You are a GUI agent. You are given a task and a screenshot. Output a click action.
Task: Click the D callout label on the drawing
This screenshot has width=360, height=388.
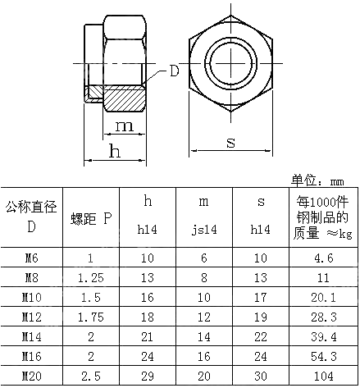point(175,71)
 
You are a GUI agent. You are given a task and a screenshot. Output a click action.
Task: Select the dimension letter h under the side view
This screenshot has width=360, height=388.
point(115,152)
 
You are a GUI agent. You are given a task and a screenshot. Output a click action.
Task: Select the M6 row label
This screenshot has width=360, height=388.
point(30,258)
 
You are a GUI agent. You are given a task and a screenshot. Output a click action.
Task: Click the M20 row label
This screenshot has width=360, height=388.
point(30,377)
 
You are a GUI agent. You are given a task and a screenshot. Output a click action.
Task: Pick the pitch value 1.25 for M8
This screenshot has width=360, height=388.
point(90,278)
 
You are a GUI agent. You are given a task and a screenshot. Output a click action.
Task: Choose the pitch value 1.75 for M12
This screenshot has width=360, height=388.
point(90,317)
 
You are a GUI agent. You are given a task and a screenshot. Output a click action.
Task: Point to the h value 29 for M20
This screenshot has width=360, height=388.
point(148,377)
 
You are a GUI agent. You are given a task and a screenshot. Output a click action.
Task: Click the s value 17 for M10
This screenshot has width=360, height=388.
point(261,298)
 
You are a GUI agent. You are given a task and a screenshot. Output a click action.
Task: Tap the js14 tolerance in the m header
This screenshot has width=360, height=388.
point(204,231)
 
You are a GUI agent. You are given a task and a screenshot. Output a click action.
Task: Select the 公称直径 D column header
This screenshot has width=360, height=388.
point(30,217)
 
